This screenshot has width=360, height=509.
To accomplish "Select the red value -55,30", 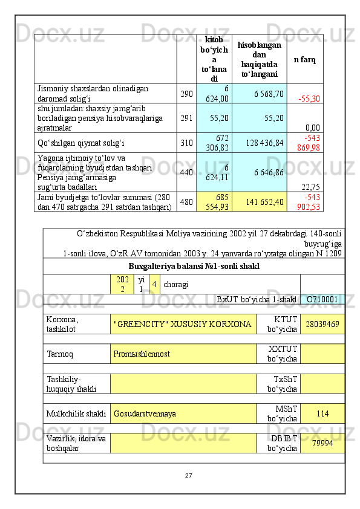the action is (x=309, y=99).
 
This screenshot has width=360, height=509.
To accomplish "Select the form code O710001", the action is (x=322, y=299).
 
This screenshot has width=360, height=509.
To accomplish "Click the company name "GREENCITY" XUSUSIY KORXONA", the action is (x=183, y=324).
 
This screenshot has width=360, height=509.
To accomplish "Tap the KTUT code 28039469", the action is (x=322, y=325).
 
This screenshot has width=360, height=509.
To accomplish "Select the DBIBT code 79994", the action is (x=322, y=444).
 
